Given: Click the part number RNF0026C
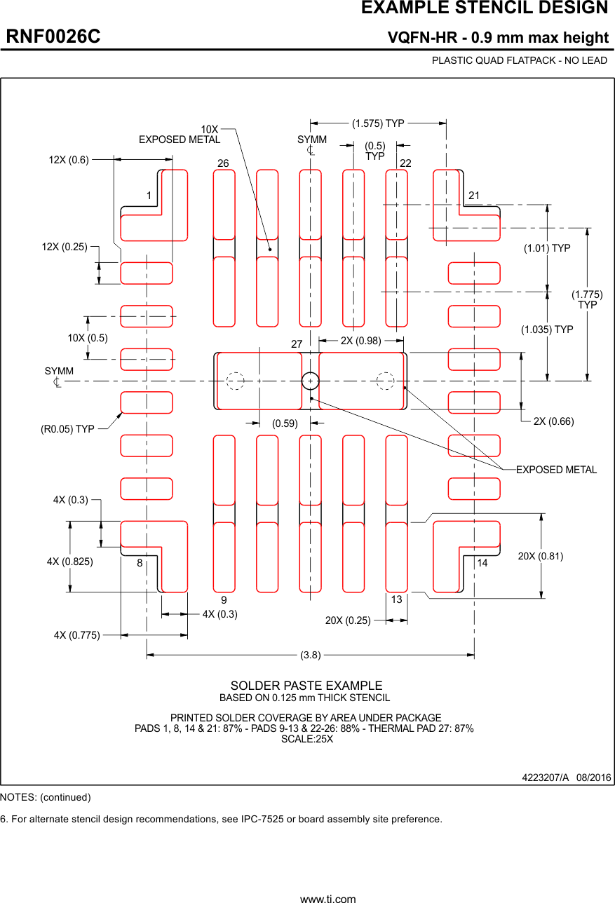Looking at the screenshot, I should (53, 37).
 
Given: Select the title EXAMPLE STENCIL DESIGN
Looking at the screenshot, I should (484, 8).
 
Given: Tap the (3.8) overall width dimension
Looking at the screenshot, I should (310, 655).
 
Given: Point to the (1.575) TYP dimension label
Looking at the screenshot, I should (378, 123).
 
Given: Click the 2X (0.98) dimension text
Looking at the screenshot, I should (360, 341).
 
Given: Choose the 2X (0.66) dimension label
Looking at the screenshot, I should (553, 421).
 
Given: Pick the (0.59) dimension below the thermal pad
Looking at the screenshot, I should (285, 423).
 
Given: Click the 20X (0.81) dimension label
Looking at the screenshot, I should (540, 556).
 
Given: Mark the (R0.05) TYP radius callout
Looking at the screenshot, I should (67, 428).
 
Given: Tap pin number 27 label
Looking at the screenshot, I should (296, 344).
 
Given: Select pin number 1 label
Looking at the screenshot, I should (149, 195).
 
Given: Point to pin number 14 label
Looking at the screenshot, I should (482, 563).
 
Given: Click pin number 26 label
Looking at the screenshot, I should (223, 163).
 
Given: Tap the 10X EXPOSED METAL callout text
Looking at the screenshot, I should (180, 135).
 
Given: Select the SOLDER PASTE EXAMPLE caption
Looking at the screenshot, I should (306, 686).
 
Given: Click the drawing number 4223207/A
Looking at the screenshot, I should (545, 778).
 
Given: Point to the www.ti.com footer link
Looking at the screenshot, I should (327, 898).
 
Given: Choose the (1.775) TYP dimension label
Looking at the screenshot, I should (587, 299).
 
